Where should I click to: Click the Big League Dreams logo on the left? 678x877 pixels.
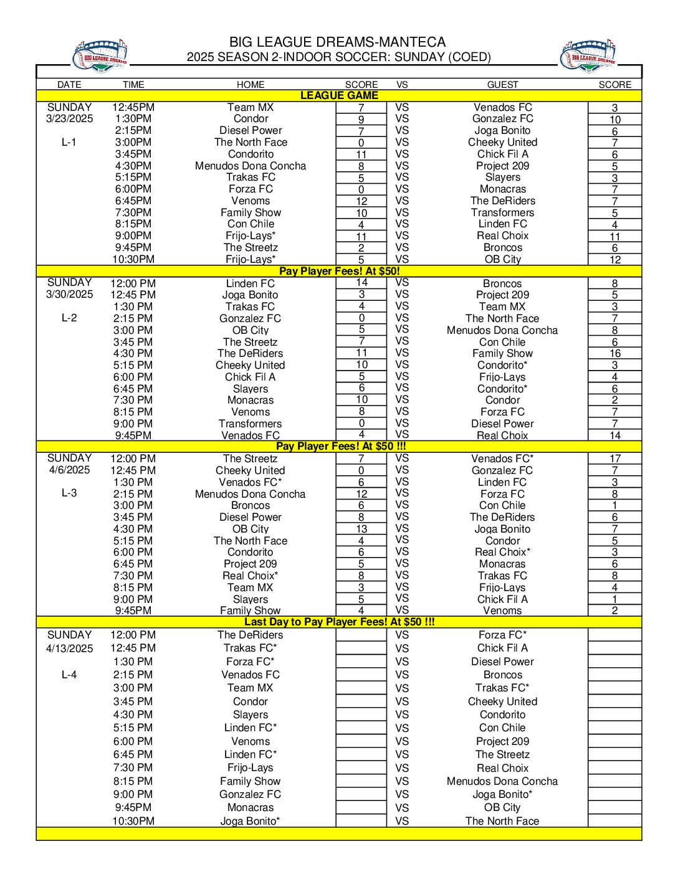click(100, 56)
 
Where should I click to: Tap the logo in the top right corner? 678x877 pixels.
click(588, 56)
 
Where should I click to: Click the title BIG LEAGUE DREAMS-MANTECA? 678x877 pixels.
click(337, 42)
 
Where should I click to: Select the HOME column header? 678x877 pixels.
click(251, 85)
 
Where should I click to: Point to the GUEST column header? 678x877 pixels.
click(502, 85)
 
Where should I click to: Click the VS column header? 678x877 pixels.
click(402, 85)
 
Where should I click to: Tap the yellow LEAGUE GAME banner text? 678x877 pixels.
click(339, 96)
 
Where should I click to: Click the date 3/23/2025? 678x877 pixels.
click(69, 118)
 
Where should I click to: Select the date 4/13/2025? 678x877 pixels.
click(69, 648)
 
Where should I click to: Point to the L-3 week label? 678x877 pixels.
click(69, 493)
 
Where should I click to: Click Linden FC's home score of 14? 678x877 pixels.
click(361, 283)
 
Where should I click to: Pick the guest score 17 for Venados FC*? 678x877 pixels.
click(614, 458)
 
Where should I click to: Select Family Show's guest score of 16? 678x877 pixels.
click(614, 353)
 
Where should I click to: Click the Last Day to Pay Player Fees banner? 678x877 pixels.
click(339, 622)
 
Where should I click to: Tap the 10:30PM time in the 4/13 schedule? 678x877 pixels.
click(133, 821)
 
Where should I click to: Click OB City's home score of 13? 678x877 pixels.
click(361, 529)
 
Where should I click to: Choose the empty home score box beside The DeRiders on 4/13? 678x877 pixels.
click(361, 635)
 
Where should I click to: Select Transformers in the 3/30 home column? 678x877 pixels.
click(251, 424)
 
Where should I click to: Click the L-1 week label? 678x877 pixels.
click(69, 142)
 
